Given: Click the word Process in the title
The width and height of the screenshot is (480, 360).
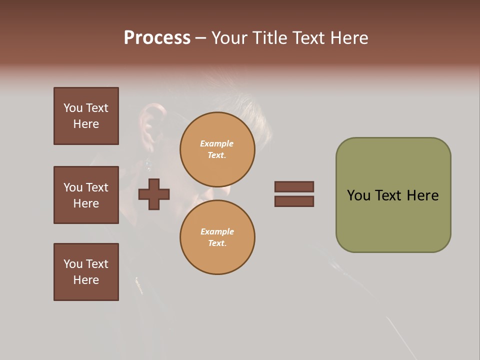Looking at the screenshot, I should point(157,38).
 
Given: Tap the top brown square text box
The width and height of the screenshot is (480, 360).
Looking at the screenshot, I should point(86,116).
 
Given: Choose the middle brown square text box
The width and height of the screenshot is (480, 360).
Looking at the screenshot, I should point(86,195).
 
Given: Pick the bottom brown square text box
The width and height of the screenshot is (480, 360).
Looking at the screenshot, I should point(86,272).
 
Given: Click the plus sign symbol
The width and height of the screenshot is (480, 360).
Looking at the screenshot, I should point(154,194).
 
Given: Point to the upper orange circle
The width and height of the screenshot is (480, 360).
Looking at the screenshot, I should point(217,149).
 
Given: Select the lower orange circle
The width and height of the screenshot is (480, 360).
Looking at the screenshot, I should point(217,237).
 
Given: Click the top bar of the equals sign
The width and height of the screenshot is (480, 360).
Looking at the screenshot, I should point(294,186).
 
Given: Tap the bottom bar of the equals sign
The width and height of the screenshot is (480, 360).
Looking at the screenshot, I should point(294,201).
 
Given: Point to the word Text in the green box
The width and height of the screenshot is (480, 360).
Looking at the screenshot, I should point(389,195).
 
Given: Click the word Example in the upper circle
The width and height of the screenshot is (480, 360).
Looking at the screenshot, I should point(217,143).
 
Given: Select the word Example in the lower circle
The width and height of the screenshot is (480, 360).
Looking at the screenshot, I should point(217,231).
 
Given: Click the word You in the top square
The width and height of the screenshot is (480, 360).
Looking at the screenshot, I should point(73,108).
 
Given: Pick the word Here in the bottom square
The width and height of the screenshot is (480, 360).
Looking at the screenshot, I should point(86,280).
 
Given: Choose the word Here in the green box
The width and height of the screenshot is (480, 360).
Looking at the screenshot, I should point(422,195).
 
